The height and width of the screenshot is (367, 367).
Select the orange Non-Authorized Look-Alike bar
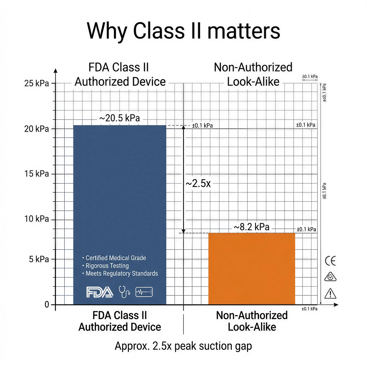pyautogui.click(x=251, y=269)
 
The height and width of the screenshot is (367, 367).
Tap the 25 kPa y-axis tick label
pyautogui.click(x=36, y=83)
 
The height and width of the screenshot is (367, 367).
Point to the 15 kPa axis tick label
pyautogui.click(x=36, y=174)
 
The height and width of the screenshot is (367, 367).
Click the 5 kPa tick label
pyautogui.click(x=39, y=259)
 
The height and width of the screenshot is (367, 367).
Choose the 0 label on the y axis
pyautogui.click(x=47, y=305)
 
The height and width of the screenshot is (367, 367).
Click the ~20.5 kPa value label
pyautogui.click(x=120, y=118)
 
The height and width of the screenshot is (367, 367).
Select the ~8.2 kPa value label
pyautogui.click(x=251, y=227)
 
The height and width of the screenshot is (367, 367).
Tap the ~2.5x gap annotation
pyautogui.click(x=198, y=183)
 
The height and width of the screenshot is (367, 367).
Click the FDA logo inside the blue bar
pyautogui.click(x=100, y=292)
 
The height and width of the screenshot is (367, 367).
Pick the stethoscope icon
pyautogui.click(x=124, y=292)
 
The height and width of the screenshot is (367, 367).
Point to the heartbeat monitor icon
pyautogui.click(x=144, y=292)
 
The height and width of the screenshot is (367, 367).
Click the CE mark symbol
pyautogui.click(x=330, y=261)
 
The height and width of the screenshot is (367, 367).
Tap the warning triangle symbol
pyautogui.click(x=330, y=294)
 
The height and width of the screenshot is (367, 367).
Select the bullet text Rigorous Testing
pyautogui.click(x=107, y=266)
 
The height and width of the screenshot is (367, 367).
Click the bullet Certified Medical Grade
pyautogui.click(x=116, y=258)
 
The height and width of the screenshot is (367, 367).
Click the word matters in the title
pyautogui.click(x=243, y=31)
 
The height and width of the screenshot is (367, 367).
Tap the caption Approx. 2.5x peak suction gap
pyautogui.click(x=183, y=346)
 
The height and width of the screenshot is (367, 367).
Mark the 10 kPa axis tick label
pyautogui.click(x=36, y=219)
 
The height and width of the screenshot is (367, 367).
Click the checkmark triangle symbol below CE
pyautogui.click(x=330, y=277)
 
